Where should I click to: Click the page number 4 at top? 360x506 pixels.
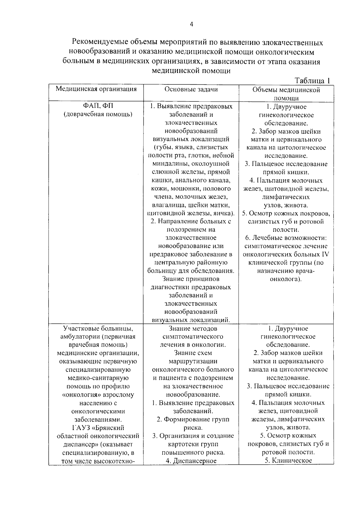pyautogui.click(x=191, y=25)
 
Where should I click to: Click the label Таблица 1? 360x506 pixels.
pyautogui.click(x=313, y=81)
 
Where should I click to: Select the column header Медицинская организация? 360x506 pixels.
pyautogui.click(x=96, y=89)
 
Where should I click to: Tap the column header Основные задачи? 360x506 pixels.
pyautogui.click(x=191, y=89)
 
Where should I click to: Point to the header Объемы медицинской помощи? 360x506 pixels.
pyautogui.click(x=286, y=94)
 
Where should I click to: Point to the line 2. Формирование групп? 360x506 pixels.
pyautogui.click(x=193, y=420)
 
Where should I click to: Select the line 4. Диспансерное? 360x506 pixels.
pyautogui.click(x=191, y=461)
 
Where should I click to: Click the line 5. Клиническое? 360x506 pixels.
pyautogui.click(x=288, y=461)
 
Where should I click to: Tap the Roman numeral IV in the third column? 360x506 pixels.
pyautogui.click(x=325, y=254)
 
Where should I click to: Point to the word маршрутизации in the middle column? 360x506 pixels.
pyautogui.click(x=193, y=361)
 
